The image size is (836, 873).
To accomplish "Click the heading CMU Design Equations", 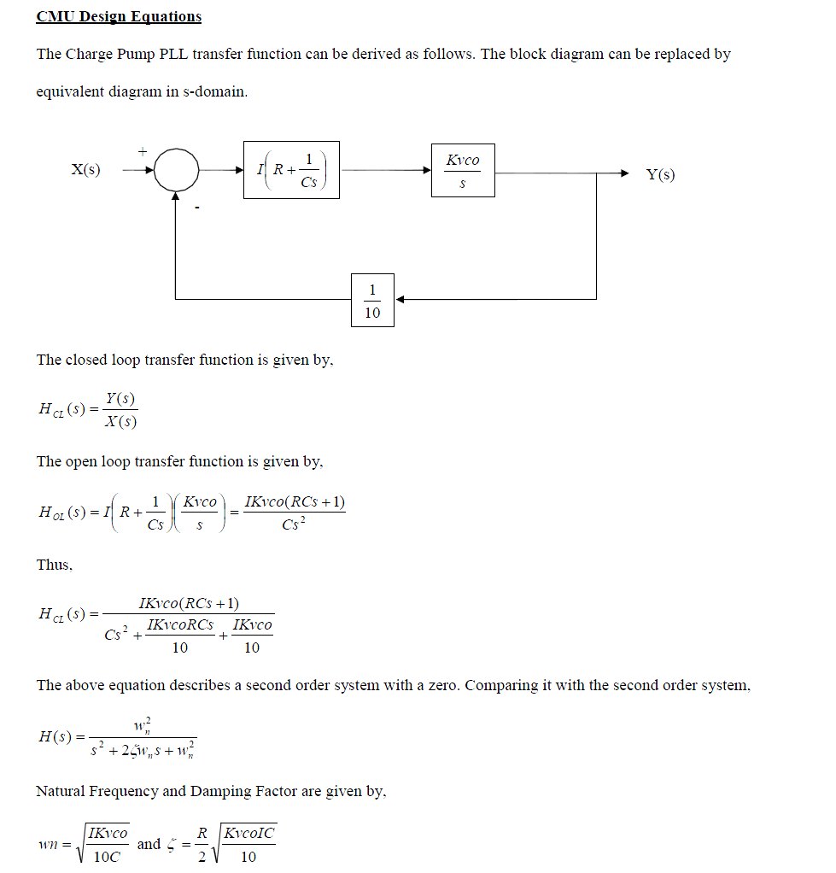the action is [x=119, y=16].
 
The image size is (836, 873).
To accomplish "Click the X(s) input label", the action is [x=85, y=169].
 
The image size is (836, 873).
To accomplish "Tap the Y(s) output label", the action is [x=660, y=174].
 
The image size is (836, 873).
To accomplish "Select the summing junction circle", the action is [x=176, y=170].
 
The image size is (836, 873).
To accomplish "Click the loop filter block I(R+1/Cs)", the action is [x=291, y=170].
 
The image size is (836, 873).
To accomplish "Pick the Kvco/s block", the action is [x=462, y=170].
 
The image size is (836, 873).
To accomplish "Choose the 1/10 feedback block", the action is [x=372, y=300].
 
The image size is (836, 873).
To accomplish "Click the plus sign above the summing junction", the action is [x=143, y=151].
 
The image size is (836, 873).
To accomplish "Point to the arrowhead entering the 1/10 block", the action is [x=400, y=300].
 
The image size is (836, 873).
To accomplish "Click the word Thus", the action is [x=54, y=565].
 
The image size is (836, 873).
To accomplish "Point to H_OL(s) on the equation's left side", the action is [x=61, y=512].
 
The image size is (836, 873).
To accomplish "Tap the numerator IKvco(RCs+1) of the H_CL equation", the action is [x=188, y=603].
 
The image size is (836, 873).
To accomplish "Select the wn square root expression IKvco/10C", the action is [x=107, y=844].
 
